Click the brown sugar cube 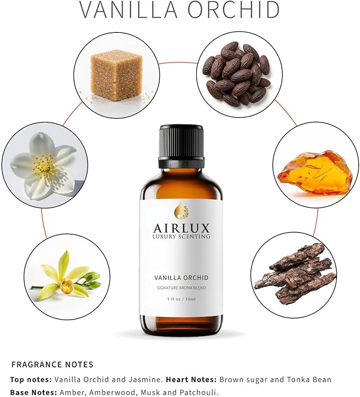[116, 75]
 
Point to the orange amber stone [314, 173]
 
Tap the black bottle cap [181, 146]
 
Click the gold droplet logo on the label [181, 210]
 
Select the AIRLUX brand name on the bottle [181, 228]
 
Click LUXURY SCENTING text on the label [181, 236]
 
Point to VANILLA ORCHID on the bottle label [181, 278]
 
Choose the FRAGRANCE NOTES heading [52, 365]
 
